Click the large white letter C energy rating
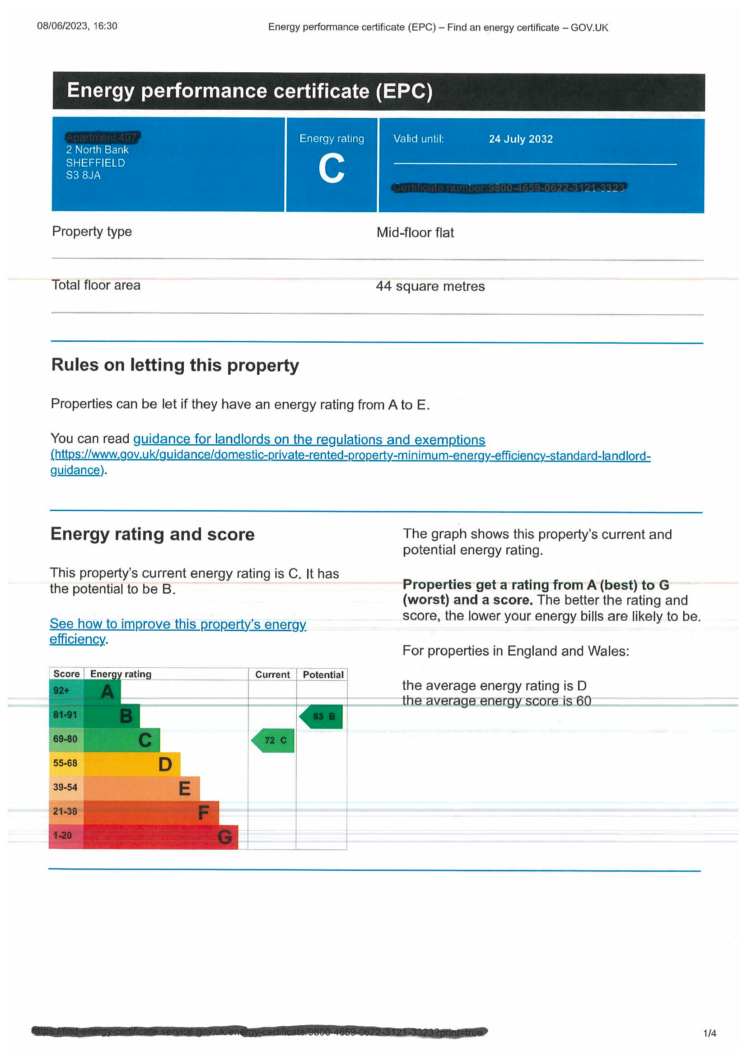click(331, 169)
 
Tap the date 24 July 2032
click(520, 139)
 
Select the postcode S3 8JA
click(83, 175)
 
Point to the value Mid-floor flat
click(415, 233)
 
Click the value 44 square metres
click(430, 287)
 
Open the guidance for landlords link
click(309, 440)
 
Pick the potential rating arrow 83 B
click(322, 716)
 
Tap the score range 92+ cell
click(61, 691)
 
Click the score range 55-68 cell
click(65, 763)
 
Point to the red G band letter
click(224, 837)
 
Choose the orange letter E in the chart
click(184, 788)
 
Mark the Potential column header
click(323, 675)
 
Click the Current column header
click(272, 675)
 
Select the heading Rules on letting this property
click(175, 365)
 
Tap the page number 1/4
click(709, 1033)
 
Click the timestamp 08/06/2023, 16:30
click(77, 26)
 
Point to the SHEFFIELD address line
click(95, 163)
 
